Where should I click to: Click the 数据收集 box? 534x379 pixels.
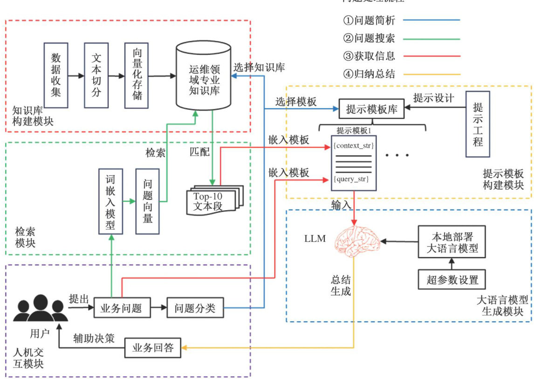click(x=56, y=75)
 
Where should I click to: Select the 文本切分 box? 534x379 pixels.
click(x=96, y=75)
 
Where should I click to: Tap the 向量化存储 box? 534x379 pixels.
click(x=137, y=75)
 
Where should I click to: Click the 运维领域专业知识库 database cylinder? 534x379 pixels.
click(x=204, y=76)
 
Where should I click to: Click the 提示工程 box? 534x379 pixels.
click(x=478, y=123)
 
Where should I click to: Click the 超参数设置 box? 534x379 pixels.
click(x=452, y=280)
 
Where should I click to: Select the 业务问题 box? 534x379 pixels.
click(x=121, y=308)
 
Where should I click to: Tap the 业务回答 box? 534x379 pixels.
click(x=153, y=348)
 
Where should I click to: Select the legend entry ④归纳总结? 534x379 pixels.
click(x=369, y=73)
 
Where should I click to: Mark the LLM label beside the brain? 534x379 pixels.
click(x=315, y=239)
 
